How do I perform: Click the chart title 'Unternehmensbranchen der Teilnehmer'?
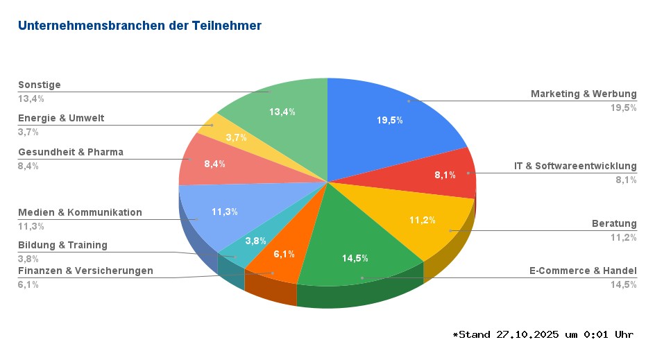[139, 26]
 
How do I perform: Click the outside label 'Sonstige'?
[40, 85]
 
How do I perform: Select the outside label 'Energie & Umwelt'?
[61, 118]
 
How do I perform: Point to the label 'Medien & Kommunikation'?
[80, 212]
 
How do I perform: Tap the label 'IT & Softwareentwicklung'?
[575, 166]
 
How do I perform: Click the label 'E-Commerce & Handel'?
[583, 271]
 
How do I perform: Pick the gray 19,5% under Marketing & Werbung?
[623, 108]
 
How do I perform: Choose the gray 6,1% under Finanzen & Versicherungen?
[28, 284]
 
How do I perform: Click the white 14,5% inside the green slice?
[355, 258]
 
